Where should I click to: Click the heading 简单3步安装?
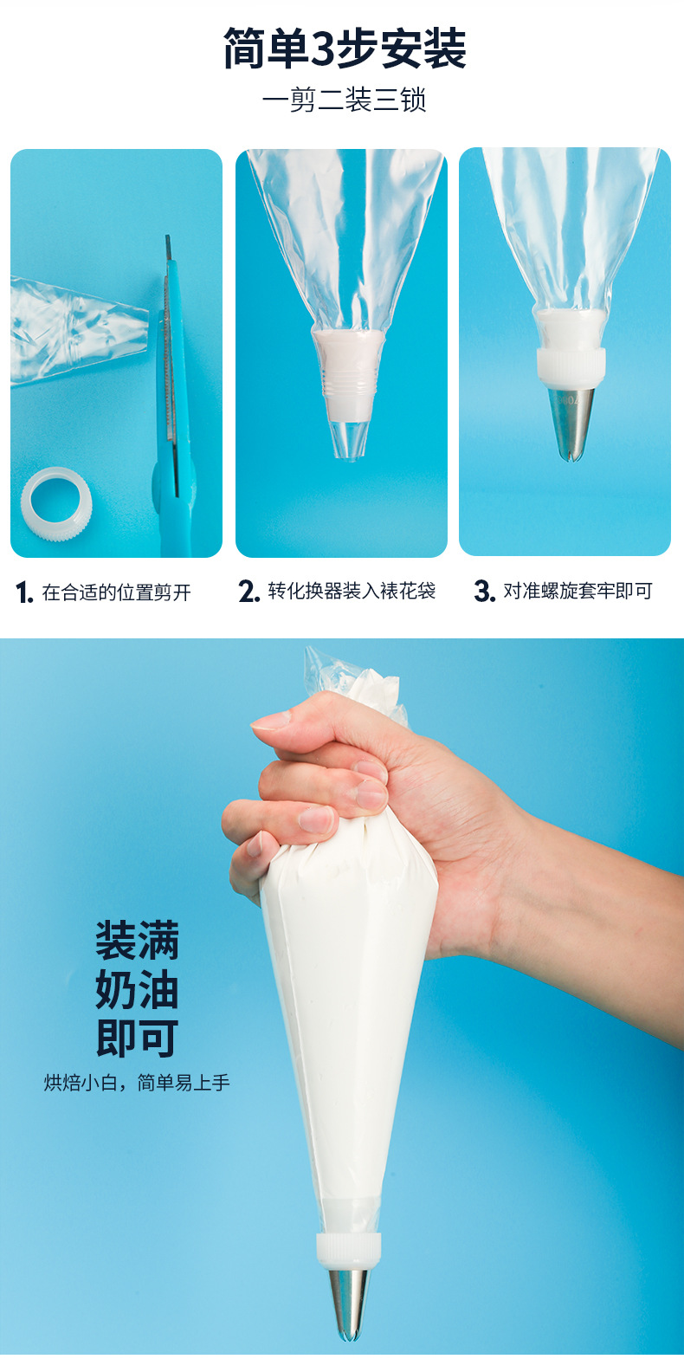[x=345, y=49]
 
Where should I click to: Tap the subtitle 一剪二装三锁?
[x=345, y=100]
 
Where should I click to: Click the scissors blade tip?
[x=168, y=243]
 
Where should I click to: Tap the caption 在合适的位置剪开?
[x=116, y=592]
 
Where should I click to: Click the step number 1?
[x=23, y=592]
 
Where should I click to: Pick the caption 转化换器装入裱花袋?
[x=351, y=591]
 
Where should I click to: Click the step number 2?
[x=248, y=592]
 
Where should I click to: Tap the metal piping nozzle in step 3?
[x=571, y=422]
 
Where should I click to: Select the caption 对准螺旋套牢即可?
[x=578, y=591]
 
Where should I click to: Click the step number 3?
[x=483, y=591]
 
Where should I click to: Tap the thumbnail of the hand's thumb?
[x=272, y=719]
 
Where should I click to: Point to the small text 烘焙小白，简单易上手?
[x=137, y=1083]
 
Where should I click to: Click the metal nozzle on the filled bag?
[x=349, y=1304]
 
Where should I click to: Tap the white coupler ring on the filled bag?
[x=349, y=1247]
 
